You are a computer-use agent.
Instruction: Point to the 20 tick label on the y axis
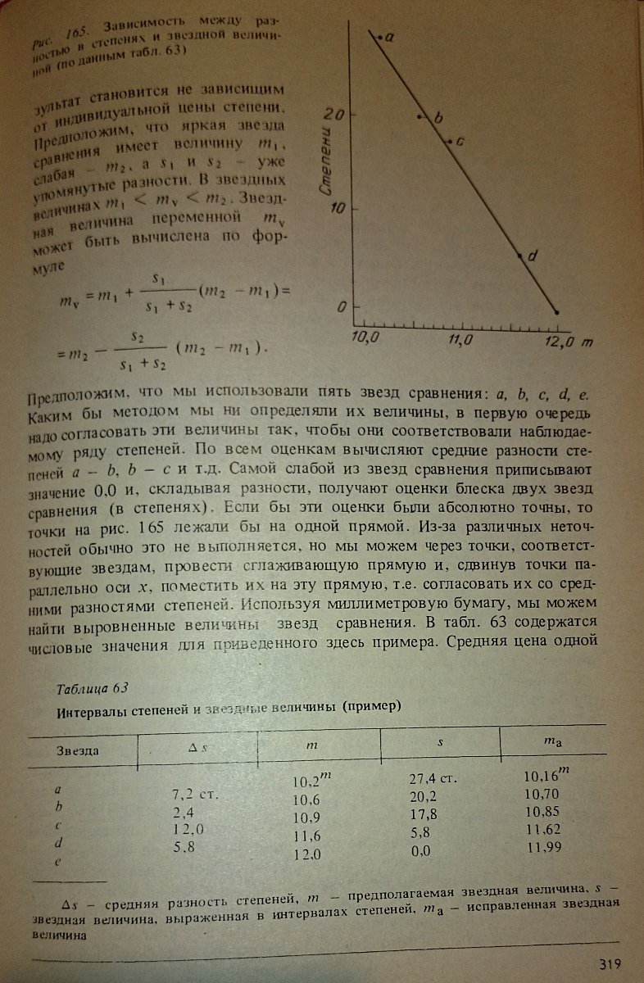point(331,114)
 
